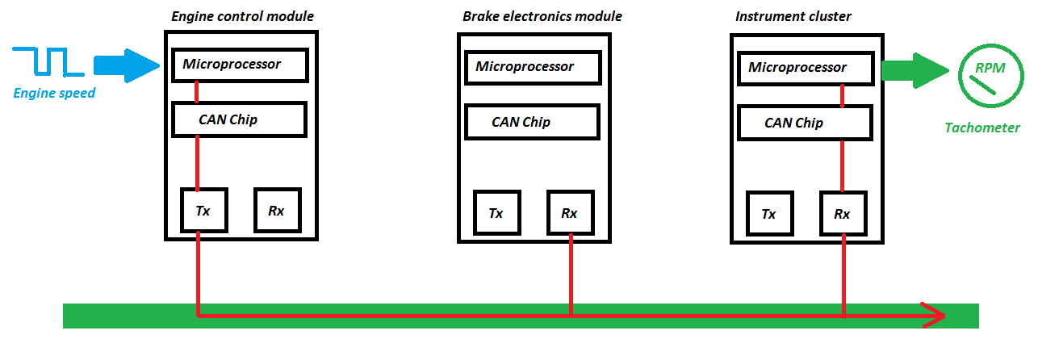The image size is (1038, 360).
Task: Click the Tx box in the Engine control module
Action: coord(203,211)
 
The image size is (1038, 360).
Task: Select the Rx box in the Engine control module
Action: coord(277,211)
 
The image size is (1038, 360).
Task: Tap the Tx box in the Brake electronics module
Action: coord(496,213)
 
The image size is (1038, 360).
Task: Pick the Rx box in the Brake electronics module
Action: coord(570,213)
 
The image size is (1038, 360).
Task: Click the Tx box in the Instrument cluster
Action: coord(769,214)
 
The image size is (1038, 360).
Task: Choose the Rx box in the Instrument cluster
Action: coord(843,214)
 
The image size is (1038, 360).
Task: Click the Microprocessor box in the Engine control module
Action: coord(240,65)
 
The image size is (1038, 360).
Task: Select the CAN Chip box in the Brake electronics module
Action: coord(532,122)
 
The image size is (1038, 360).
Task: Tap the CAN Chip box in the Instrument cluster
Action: coord(805,123)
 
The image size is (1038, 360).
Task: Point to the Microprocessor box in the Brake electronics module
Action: coord(533,67)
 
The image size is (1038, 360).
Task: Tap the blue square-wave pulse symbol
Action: coord(46,62)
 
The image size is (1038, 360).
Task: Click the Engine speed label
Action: coord(54,94)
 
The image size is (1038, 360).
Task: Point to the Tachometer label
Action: coord(982,128)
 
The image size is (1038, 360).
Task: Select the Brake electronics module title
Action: coord(542,17)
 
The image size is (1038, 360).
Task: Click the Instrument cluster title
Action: coord(793,17)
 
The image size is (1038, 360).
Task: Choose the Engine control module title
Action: coord(243,16)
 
